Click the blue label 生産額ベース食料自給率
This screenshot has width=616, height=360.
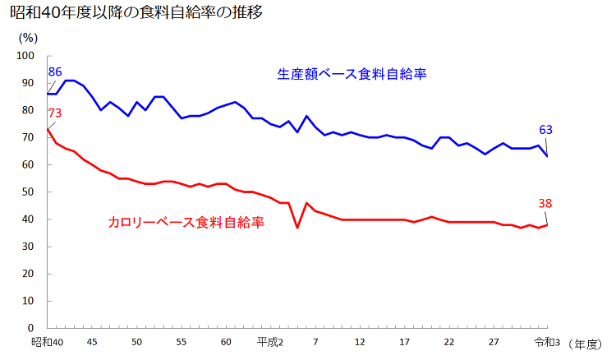pos(353,74)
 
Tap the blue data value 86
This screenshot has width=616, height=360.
pos(57,72)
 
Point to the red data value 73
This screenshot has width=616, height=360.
pos(55,113)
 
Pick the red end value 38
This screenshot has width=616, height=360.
pos(545,203)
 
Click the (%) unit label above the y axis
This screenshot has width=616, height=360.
pos(28,37)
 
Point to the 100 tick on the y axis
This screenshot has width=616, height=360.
pos(25,56)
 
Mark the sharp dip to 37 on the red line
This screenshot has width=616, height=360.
pos(297,227)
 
